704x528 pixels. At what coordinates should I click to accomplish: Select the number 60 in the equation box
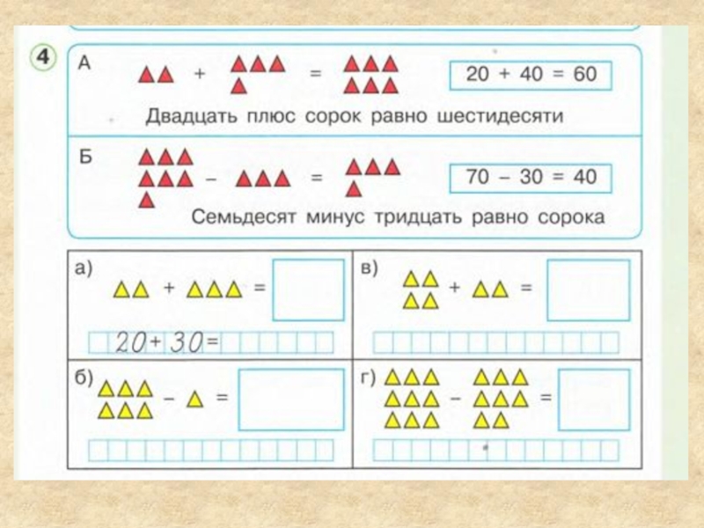583,75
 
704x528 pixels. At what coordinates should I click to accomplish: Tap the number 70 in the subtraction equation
477,177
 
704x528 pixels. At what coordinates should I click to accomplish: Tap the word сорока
575,217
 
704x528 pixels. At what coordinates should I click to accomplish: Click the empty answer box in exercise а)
308,290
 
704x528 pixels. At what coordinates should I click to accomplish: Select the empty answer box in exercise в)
587,290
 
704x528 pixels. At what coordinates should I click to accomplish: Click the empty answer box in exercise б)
290,399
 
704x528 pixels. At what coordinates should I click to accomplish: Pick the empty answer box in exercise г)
594,399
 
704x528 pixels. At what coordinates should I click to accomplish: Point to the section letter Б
85,158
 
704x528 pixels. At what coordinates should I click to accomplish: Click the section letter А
84,61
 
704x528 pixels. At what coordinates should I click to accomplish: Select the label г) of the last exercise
369,378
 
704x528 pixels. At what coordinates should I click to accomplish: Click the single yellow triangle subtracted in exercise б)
195,399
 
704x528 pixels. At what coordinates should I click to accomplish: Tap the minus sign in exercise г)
456,398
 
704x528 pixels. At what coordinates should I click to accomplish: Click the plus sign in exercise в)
454,288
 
